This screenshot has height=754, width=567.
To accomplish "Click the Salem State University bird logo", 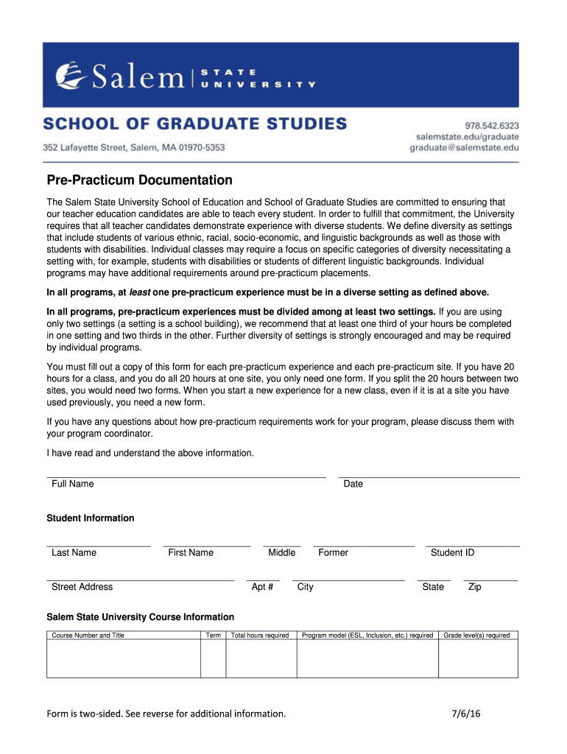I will (x=71, y=74).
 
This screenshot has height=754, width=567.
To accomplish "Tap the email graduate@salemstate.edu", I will (x=464, y=147).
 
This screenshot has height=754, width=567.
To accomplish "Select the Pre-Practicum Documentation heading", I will (x=140, y=180).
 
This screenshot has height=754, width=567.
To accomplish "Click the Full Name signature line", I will (x=186, y=476).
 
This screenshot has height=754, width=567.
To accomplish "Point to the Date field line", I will (x=429, y=476).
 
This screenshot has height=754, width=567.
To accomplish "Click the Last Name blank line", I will (x=99, y=546).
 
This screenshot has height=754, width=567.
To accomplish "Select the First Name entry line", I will (x=207, y=546).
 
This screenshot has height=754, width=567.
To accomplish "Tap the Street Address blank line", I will (x=140, y=580).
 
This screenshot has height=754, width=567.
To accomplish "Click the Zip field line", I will (x=490, y=580).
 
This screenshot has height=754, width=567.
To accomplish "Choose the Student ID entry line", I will (x=473, y=546).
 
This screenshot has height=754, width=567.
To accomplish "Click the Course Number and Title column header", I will (x=88, y=635).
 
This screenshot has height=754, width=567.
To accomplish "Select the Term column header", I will (x=214, y=635).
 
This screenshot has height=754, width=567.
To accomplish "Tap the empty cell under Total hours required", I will (x=261, y=658).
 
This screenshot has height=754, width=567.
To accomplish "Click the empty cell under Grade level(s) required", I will (x=478, y=658).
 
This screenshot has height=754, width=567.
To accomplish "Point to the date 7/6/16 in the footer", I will (x=467, y=713).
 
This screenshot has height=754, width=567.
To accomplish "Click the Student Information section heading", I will (x=91, y=518).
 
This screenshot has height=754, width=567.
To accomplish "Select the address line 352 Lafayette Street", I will (x=133, y=147).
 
